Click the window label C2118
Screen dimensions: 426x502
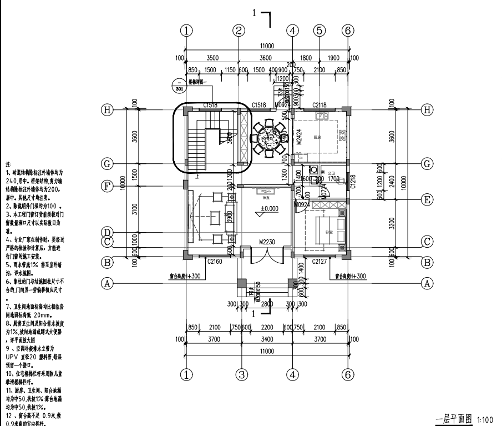click(x=320, y=104)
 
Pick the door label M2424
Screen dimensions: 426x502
click(x=298, y=137)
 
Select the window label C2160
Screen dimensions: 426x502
click(x=214, y=261)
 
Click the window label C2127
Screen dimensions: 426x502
click(x=320, y=261)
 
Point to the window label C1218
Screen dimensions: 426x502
click(x=353, y=181)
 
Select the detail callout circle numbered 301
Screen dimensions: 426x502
click(x=179, y=88)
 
